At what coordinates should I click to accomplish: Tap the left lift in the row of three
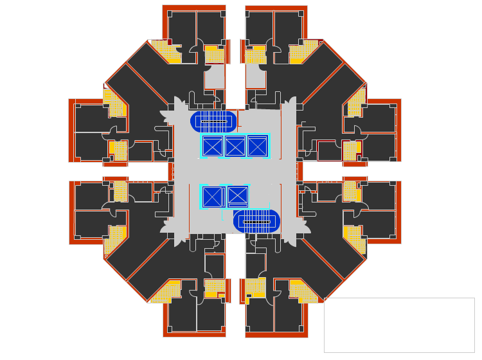coord(212,147)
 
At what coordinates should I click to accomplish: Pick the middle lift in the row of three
coord(234,147)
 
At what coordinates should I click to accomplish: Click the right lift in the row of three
coord(256,147)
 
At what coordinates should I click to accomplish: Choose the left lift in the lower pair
coord(211,196)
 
